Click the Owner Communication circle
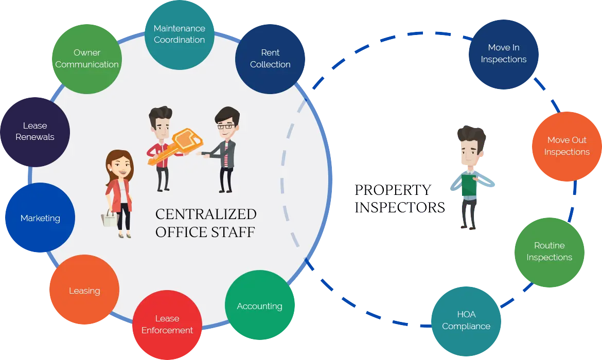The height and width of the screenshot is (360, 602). point(86,58)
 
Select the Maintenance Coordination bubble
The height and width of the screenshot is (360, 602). point(179,34)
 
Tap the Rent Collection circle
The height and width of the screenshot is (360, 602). point(270,58)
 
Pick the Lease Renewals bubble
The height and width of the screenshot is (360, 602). point(34,132)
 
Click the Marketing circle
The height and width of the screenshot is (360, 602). point(40,218)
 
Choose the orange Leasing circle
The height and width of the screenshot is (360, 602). point(84,291)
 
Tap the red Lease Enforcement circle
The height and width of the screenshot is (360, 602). point(167,325)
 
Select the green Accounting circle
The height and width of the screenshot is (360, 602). point(259,306)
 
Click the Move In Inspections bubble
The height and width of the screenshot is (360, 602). point(503,53)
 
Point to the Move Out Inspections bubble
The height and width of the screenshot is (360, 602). point(566,146)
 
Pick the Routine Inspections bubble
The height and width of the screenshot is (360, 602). point(549,251)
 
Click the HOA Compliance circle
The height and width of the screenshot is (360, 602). point(466,320)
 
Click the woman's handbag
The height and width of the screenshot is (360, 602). point(110,218)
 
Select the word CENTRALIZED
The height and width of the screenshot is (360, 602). point(206,214)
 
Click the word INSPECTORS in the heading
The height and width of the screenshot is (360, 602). point(399,207)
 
